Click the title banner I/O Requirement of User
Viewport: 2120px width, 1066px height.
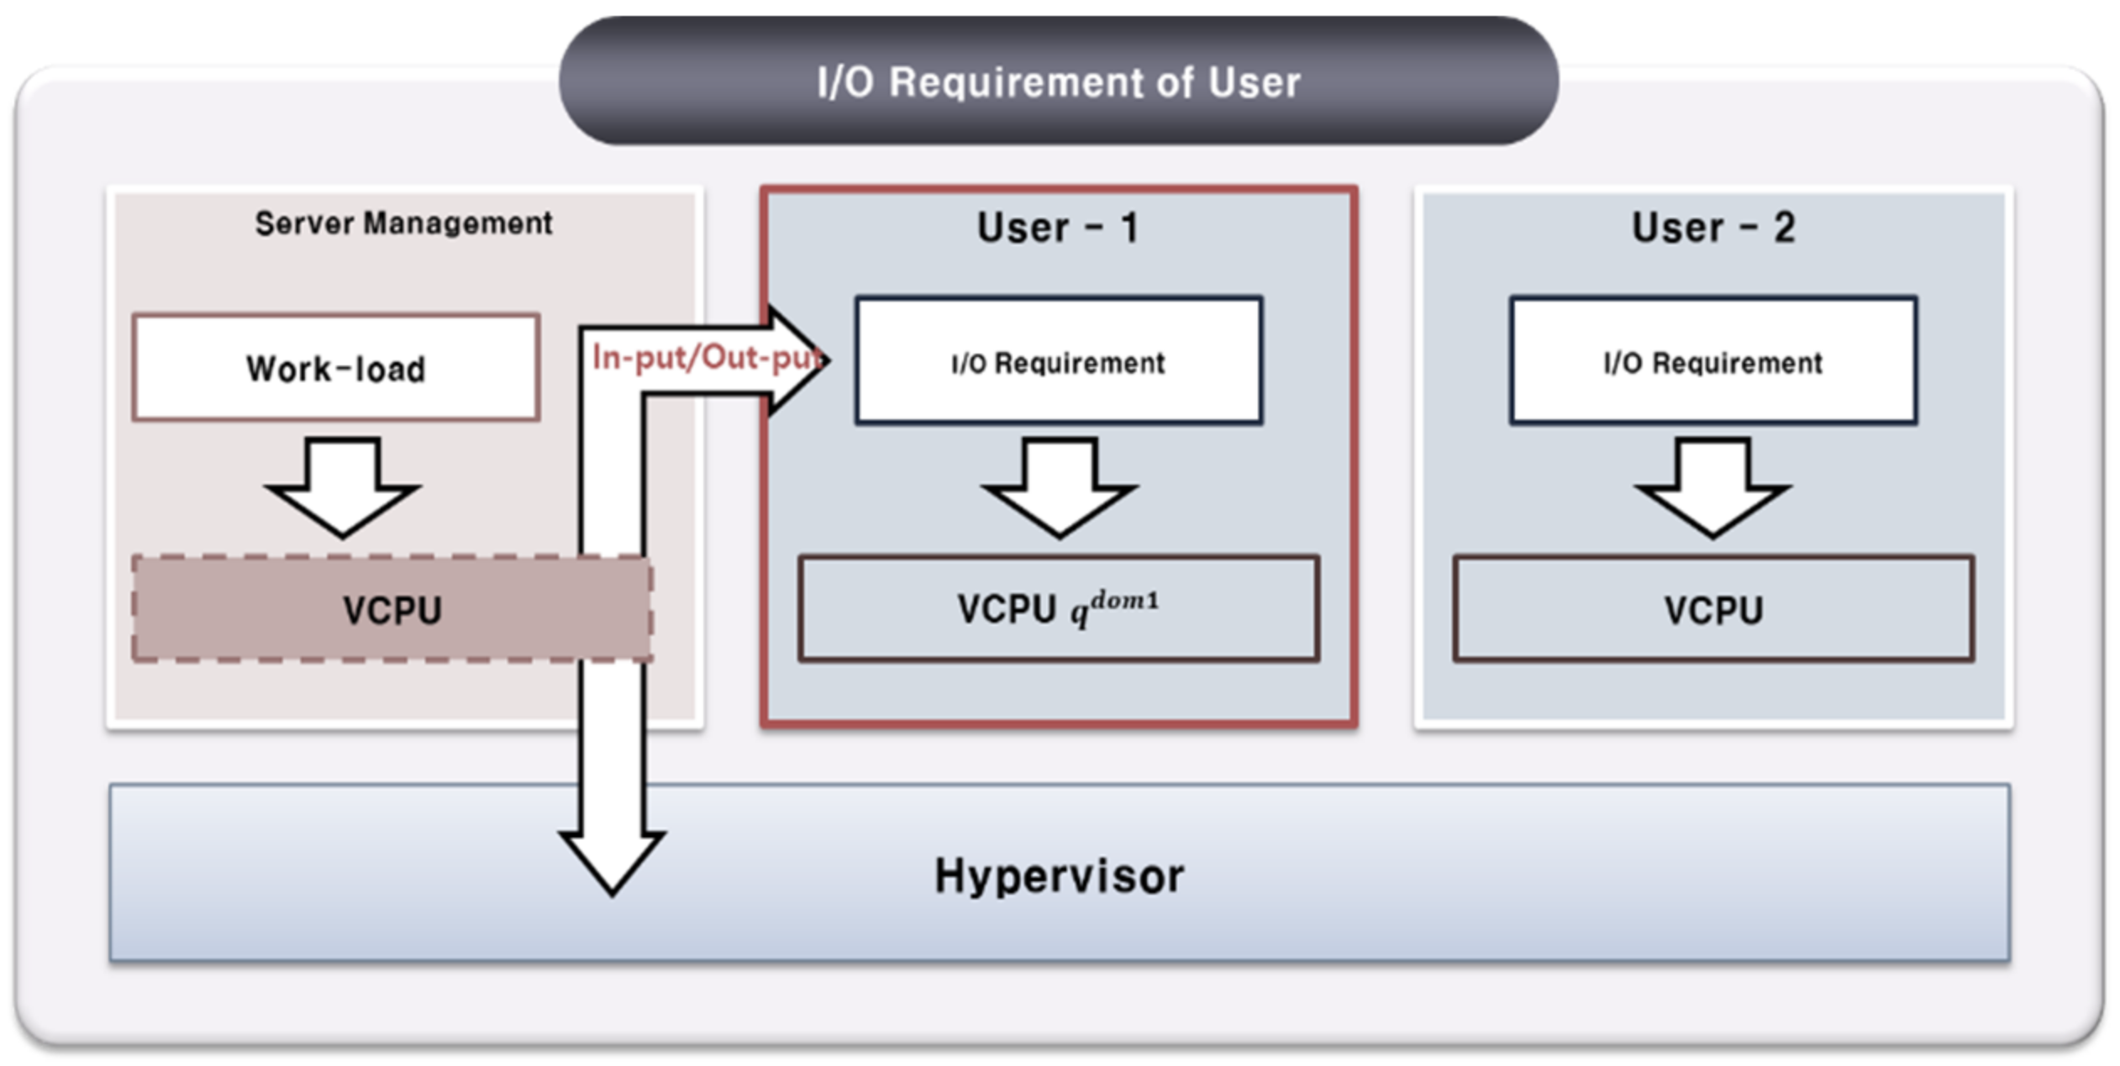point(1059,81)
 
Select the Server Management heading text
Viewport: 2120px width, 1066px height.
point(403,223)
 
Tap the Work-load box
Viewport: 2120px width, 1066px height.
point(336,368)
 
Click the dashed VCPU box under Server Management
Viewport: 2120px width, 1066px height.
point(392,610)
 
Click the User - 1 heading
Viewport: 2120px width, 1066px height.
point(1058,228)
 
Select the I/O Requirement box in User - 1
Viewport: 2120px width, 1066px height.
point(1059,361)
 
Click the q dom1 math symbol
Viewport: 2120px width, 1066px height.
point(1113,607)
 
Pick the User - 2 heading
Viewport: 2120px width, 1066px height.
point(1712,228)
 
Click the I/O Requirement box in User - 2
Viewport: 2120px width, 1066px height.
point(1712,361)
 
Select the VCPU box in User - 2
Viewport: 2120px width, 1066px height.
point(1712,610)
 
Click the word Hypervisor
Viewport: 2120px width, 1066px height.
point(1059,876)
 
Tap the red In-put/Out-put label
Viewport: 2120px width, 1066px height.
point(704,358)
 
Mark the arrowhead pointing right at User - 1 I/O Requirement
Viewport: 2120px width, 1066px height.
point(798,360)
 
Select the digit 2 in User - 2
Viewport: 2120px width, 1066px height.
point(1784,228)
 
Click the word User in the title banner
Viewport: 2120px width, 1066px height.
point(1254,82)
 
